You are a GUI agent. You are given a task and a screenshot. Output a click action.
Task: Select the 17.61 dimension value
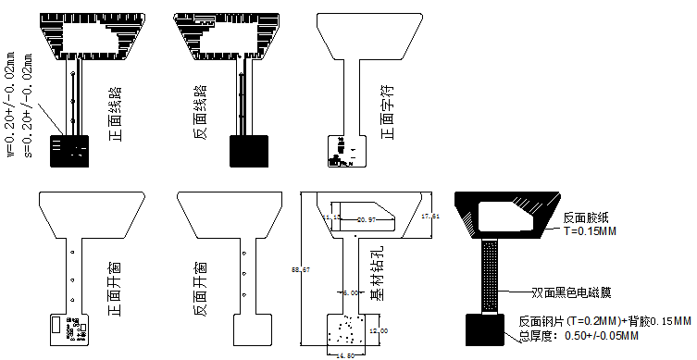click(x=429, y=216)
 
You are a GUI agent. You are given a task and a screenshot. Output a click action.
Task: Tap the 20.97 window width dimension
click(x=366, y=219)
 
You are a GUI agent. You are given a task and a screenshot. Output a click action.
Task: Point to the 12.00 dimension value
click(x=380, y=330)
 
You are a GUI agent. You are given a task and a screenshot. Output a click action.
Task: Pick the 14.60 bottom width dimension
click(x=345, y=354)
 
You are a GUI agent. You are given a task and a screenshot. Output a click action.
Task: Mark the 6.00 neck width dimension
click(x=350, y=292)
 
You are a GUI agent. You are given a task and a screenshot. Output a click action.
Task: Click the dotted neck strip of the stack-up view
click(x=492, y=276)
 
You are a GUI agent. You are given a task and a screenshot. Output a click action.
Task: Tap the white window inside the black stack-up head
click(x=505, y=217)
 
